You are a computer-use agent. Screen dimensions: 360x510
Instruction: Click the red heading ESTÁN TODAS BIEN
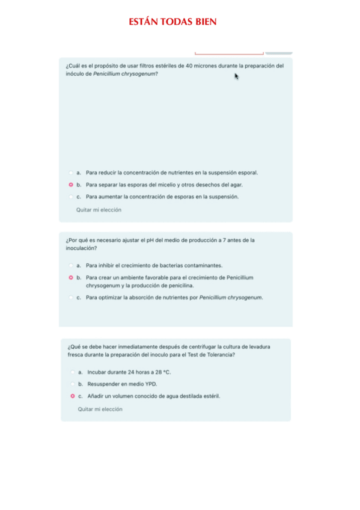coord(172,22)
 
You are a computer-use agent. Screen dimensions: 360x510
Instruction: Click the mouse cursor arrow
coord(237,76)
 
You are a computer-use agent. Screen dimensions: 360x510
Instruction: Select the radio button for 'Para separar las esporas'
coord(71,185)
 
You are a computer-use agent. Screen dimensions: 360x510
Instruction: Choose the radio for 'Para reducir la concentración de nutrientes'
coord(71,173)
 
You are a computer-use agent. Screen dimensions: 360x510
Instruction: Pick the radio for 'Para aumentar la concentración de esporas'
coord(71,197)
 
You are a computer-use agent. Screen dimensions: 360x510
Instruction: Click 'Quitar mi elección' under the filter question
coord(99,210)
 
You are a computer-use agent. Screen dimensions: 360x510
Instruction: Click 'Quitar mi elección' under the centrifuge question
coord(100,409)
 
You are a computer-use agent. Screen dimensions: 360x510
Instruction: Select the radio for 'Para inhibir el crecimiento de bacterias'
coord(71,265)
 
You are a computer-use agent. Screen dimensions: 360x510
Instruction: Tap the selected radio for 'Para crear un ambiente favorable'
coord(71,277)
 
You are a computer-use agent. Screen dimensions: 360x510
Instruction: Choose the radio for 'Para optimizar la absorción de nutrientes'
coord(71,297)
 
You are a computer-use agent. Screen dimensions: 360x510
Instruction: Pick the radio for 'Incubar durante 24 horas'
coord(72,372)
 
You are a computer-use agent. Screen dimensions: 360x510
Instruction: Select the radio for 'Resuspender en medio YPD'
coord(72,384)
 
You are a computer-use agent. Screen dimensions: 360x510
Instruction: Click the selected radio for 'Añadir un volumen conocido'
coord(72,396)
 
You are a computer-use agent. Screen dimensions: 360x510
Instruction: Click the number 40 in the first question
coord(190,66)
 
